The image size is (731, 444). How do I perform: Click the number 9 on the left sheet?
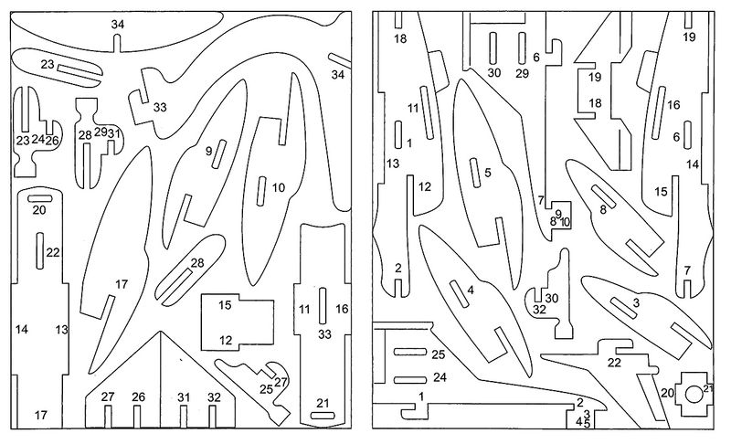[x=208, y=151]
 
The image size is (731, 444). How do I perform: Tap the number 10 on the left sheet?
[x=279, y=187]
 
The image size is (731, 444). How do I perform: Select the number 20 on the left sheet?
[x=39, y=210]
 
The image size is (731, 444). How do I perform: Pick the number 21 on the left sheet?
[x=323, y=403]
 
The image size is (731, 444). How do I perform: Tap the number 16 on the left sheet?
[x=342, y=310]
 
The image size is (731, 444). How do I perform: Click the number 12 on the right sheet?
[x=424, y=186]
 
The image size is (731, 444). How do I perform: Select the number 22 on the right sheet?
[x=614, y=363]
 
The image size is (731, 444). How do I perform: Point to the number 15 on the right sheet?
[x=661, y=192]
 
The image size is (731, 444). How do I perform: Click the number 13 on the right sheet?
[x=393, y=164]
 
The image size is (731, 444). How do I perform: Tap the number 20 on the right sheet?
[x=666, y=393]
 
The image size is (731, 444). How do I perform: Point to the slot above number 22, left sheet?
[x=40, y=250]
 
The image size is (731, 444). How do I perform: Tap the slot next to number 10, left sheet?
[x=261, y=189]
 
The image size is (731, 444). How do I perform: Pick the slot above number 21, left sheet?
[x=323, y=415]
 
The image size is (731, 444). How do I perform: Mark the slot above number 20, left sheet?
[x=39, y=198]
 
